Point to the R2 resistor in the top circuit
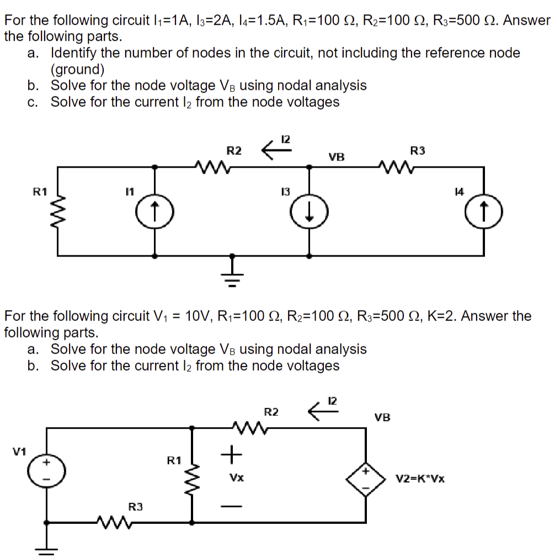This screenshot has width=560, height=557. pos(211,165)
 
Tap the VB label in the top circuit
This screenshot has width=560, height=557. pos(337,157)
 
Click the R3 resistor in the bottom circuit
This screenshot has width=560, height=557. pos(118,521)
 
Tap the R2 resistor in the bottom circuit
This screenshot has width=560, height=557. pos(249,427)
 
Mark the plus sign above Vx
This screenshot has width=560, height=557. pos(233,454)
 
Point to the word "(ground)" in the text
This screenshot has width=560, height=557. pos(77,69)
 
